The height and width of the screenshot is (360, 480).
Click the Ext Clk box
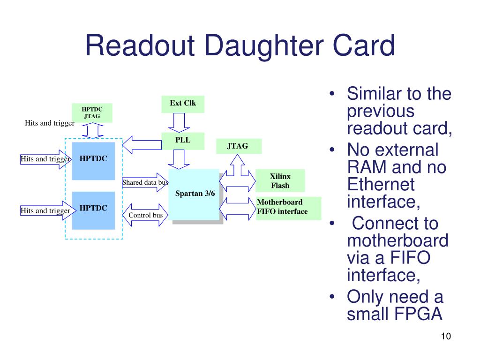pos(183,104)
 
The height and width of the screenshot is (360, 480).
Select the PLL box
pos(183,141)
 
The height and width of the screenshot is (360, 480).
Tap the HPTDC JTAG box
pos(92,113)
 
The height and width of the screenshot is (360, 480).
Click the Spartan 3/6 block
pos(194,195)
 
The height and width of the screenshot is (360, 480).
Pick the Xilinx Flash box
pos(280,180)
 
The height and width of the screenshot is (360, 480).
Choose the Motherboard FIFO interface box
pos(289,208)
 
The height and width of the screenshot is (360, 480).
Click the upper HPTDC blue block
pos(93,161)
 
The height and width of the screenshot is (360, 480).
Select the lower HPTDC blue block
pos(93,210)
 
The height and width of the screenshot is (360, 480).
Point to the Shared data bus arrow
pos(145,182)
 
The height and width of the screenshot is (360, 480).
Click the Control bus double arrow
pos(145,215)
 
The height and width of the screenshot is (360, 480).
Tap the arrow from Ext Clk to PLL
pos(179,123)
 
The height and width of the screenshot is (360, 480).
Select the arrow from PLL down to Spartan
pos(179,159)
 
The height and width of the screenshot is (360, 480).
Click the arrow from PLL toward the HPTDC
pos(142,145)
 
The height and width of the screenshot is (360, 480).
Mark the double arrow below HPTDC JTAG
pos(93,131)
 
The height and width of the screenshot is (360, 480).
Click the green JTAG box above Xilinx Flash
pos(239,146)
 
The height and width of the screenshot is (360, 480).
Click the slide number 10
pos(446,336)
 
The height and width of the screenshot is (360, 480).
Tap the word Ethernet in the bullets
pos(381,184)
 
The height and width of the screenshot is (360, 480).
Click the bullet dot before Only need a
pos(332,296)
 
